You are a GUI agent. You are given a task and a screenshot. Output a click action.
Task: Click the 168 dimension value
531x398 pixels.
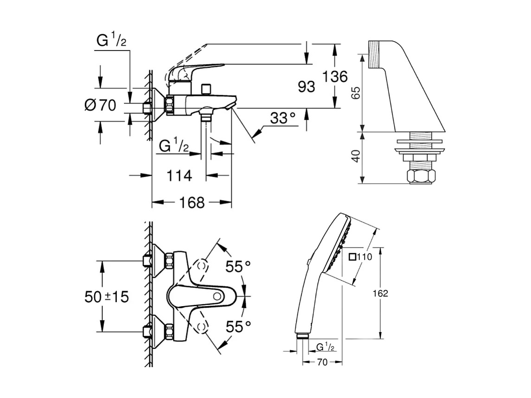(x=192, y=202)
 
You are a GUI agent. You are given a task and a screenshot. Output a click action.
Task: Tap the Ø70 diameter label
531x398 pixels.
(x=100, y=105)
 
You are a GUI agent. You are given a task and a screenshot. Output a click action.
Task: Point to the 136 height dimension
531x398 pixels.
(x=335, y=76)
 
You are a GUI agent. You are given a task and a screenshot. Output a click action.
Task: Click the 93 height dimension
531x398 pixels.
(x=306, y=86)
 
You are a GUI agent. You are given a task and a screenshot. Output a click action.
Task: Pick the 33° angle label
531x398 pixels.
(x=283, y=118)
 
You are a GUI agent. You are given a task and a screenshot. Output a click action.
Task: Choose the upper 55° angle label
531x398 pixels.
(x=238, y=266)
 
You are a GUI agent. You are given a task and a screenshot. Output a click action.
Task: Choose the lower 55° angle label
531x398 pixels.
(x=238, y=327)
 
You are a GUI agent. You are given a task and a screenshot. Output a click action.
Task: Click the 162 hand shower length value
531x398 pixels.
(x=380, y=293)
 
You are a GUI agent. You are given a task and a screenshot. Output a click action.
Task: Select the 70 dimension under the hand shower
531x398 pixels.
(x=322, y=362)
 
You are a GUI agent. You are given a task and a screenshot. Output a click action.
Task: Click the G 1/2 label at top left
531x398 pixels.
(x=111, y=41)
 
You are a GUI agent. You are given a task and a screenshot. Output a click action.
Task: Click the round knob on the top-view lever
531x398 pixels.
(x=217, y=296)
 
